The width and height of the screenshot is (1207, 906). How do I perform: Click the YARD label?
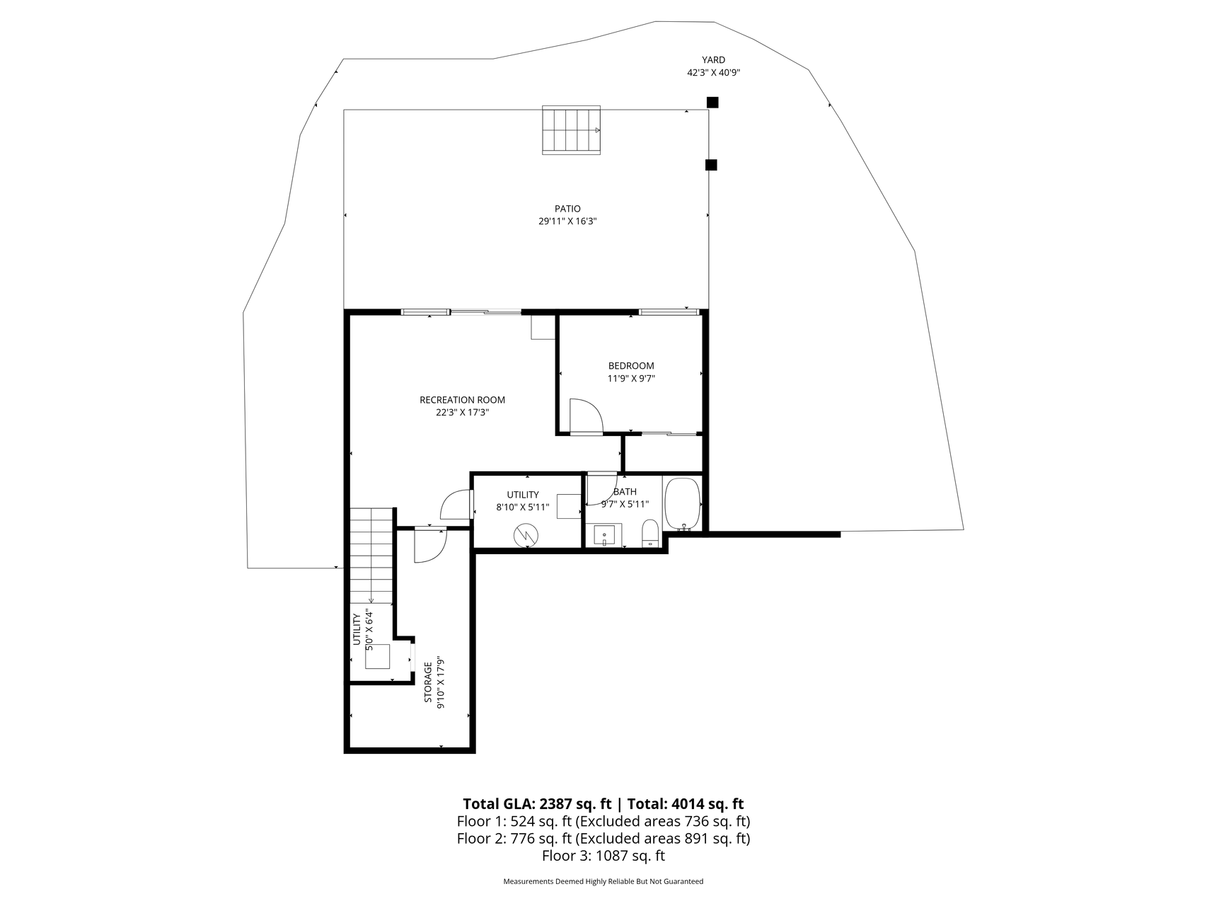(713, 60)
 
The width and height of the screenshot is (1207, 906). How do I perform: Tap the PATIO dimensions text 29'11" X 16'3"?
(567, 222)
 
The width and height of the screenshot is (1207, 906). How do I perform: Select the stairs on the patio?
(572, 130)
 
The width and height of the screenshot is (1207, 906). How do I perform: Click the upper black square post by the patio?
(712, 103)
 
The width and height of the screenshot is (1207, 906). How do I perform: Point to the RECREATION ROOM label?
(463, 400)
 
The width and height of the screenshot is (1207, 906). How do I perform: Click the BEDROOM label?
(631, 366)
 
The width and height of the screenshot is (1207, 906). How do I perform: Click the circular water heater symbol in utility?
(526, 535)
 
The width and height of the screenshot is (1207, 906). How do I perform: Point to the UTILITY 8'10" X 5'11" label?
(523, 501)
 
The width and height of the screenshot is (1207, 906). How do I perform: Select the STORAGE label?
(428, 683)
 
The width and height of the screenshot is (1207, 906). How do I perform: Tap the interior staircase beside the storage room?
(371, 555)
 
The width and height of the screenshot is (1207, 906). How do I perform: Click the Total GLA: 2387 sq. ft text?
(537, 804)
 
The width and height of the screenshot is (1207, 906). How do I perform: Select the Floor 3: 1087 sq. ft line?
(603, 856)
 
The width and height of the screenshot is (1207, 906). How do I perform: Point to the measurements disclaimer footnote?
(603, 882)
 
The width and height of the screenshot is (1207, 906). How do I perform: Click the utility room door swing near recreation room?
(456, 505)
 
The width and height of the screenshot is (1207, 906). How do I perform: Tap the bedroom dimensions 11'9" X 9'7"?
(631, 379)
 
